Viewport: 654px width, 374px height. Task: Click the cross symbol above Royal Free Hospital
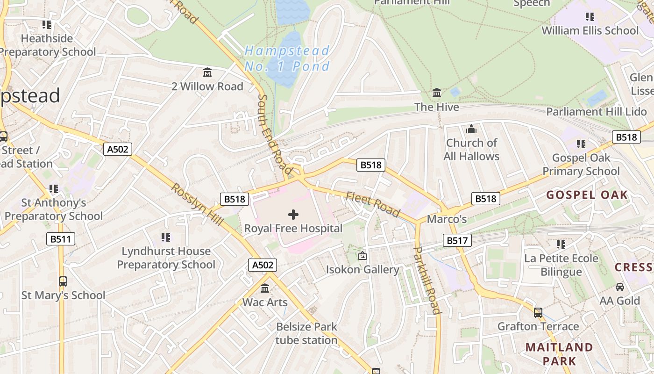(x=293, y=215)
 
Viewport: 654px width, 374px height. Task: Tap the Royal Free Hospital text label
(x=293, y=229)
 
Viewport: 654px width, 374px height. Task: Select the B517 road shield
(x=457, y=241)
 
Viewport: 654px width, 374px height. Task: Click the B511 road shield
(x=61, y=239)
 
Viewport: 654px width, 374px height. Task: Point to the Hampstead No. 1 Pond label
(x=287, y=58)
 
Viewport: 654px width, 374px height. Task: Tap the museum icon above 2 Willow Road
(x=207, y=72)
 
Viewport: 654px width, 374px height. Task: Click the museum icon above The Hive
(x=437, y=93)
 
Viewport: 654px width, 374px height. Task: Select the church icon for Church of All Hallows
(x=471, y=129)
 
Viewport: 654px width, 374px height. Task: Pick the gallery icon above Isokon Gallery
(x=362, y=256)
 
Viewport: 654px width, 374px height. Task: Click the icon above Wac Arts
(x=265, y=288)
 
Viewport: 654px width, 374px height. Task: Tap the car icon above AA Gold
(x=620, y=287)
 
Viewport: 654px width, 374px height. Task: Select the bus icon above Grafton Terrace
(x=538, y=312)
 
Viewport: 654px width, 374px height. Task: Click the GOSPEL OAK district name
(x=587, y=195)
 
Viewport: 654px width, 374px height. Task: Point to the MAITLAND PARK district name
(x=559, y=354)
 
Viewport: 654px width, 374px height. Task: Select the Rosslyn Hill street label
(x=197, y=204)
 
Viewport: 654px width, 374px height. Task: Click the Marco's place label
(x=447, y=219)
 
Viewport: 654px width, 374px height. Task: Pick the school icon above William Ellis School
(x=590, y=17)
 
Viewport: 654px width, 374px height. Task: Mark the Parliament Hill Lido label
(x=597, y=112)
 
